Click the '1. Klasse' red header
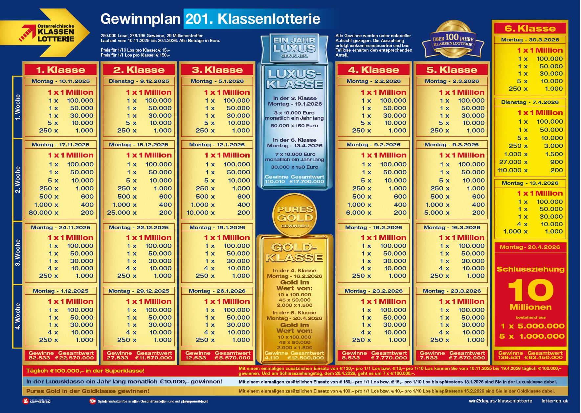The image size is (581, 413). click(60, 70)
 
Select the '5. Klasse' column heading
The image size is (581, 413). click(452, 70)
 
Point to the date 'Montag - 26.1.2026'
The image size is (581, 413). click(217, 291)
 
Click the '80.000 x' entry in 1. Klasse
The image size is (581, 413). click(43, 213)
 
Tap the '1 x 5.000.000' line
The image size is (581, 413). click(532, 326)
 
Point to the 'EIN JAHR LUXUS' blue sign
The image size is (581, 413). click(294, 48)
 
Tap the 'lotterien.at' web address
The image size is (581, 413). click(554, 401)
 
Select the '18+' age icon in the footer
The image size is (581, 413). click(93, 401)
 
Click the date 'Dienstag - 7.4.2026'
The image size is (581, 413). click(530, 102)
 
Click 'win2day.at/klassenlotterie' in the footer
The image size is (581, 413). click(500, 401)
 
